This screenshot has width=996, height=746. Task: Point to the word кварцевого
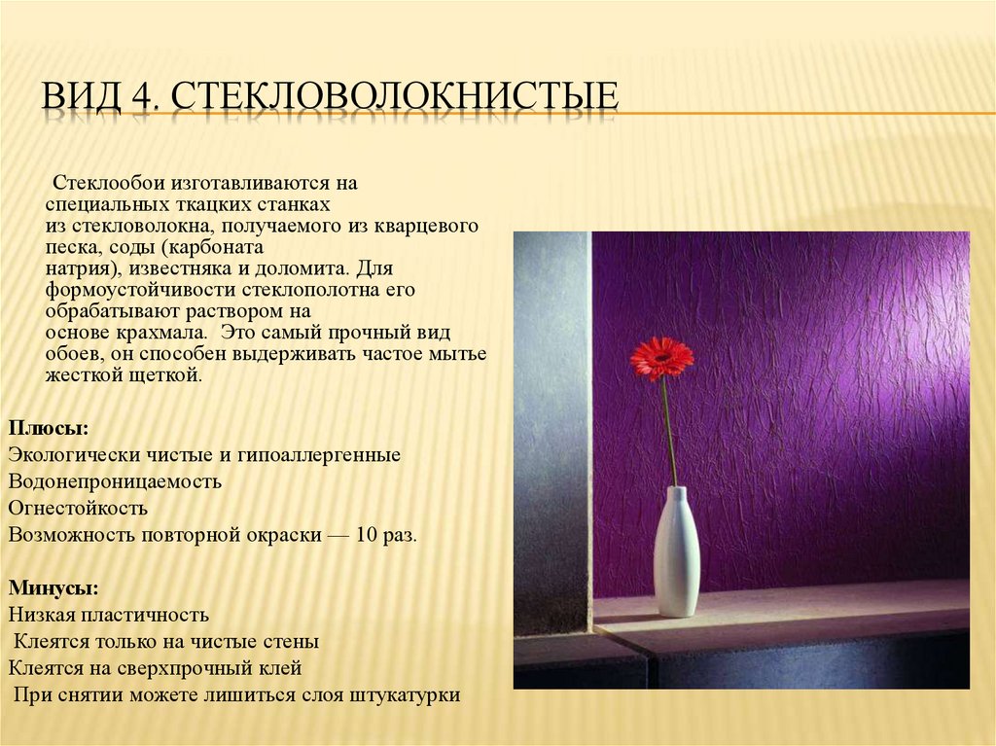point(428,226)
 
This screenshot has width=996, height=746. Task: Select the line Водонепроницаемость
point(114,480)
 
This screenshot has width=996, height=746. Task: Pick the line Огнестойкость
point(77,507)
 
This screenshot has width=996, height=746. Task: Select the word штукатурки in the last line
point(407,695)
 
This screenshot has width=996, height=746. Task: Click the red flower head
point(661,358)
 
